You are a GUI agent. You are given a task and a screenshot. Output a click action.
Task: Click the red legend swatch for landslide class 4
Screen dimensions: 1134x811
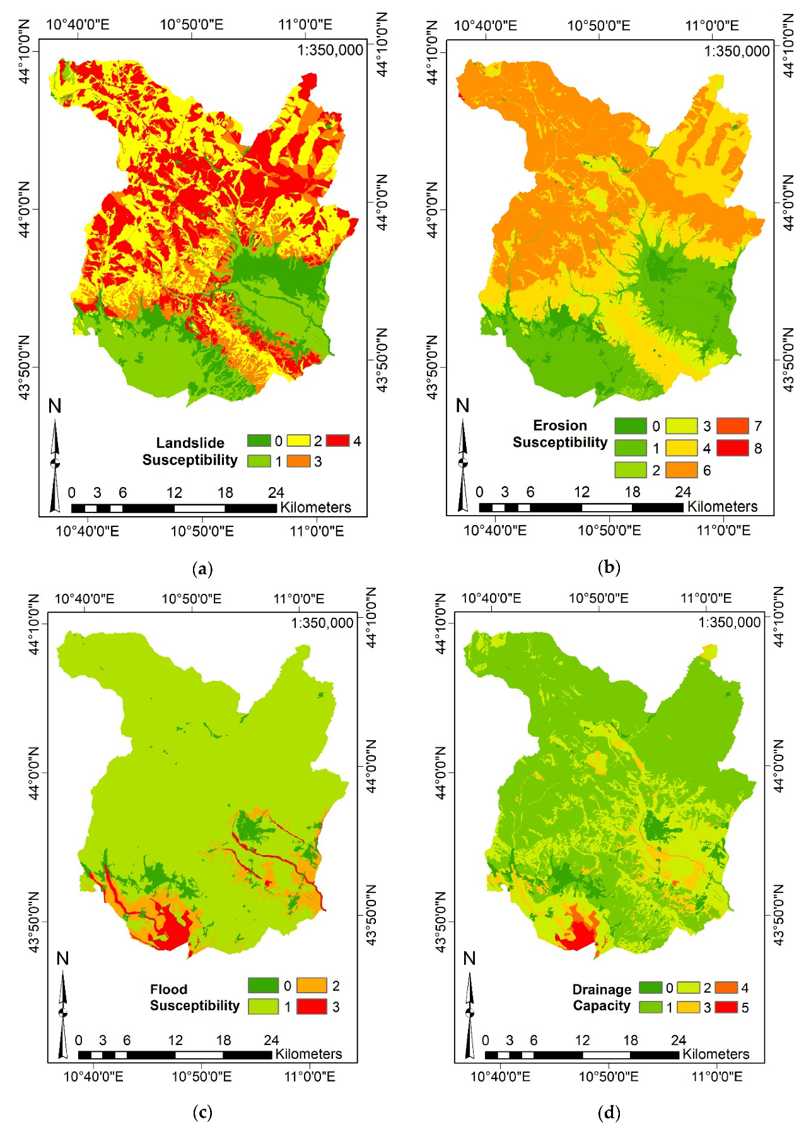click(x=337, y=440)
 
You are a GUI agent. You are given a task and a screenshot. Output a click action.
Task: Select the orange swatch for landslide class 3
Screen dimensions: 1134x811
click(x=298, y=461)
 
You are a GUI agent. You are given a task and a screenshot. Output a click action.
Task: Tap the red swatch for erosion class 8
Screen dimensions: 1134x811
click(x=732, y=448)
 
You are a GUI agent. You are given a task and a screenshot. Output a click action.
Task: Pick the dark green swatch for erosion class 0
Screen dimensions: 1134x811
click(x=630, y=426)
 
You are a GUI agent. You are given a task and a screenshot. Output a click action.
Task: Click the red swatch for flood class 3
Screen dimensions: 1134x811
click(x=312, y=1007)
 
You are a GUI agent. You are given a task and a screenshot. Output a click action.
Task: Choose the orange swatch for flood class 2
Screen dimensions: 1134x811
click(x=312, y=985)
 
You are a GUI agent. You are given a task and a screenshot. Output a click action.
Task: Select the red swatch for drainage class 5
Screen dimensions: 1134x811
click(x=726, y=1007)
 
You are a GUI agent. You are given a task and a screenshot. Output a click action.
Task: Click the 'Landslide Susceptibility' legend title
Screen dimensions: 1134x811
click(x=190, y=451)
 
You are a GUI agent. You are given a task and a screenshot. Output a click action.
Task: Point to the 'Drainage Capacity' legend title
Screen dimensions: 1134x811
click(x=602, y=998)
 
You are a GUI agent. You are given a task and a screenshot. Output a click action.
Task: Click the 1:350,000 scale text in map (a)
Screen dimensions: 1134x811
click(x=330, y=50)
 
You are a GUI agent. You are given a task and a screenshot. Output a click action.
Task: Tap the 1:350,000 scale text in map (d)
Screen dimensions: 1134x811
click(x=729, y=623)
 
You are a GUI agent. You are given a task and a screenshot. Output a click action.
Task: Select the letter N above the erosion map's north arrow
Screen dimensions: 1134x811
click(x=462, y=406)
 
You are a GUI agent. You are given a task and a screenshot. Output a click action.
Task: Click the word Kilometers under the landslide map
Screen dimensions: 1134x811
click(x=315, y=507)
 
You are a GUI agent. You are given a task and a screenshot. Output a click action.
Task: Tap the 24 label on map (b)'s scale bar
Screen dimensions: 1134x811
click(x=682, y=492)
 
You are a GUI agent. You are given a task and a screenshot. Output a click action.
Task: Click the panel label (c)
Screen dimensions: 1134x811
click(x=202, y=1113)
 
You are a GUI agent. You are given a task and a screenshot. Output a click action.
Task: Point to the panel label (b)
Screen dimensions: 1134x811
click(x=609, y=567)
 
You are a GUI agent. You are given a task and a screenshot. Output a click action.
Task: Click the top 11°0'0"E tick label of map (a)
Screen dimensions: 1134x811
click(x=305, y=25)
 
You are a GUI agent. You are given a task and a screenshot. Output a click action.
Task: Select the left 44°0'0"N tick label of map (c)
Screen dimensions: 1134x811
click(x=33, y=772)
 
